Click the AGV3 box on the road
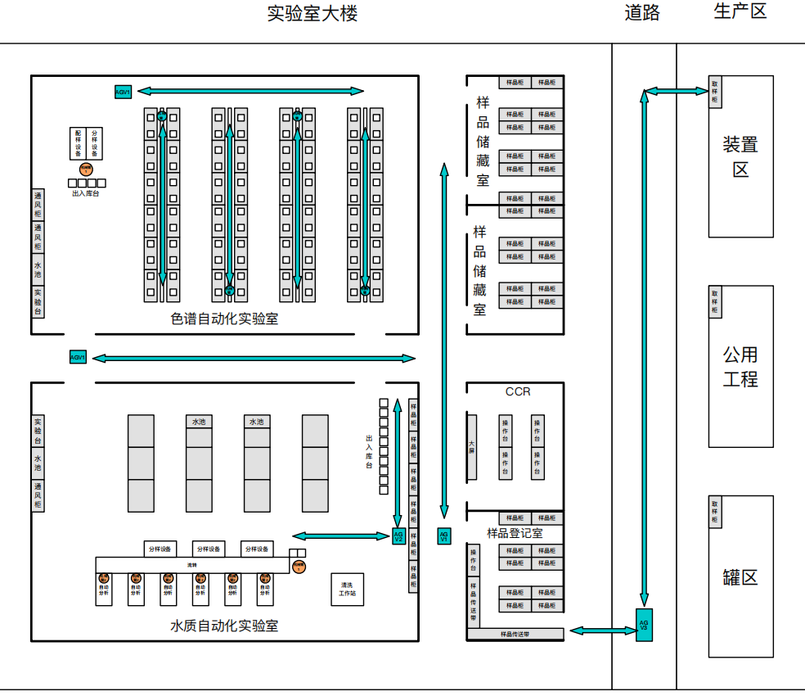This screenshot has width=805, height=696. [x=644, y=625]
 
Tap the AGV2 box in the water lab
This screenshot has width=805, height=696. [x=399, y=536]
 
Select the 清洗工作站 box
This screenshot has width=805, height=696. [x=347, y=589]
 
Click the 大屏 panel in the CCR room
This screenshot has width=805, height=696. [x=471, y=446]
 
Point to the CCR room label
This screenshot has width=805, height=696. [x=518, y=391]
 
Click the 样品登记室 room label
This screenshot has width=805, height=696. [x=515, y=533]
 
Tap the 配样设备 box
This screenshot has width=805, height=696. [x=79, y=143]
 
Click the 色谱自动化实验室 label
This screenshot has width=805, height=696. [x=224, y=319]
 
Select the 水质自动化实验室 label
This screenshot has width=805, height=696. [x=224, y=626]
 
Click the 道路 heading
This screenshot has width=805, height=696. [x=642, y=12]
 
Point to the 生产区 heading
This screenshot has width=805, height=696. [x=740, y=11]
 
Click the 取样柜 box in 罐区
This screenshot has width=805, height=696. [x=714, y=512]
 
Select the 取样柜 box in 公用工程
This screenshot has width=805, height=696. [x=714, y=301]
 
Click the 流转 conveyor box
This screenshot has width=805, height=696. [x=192, y=565]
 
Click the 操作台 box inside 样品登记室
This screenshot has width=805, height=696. [x=473, y=561]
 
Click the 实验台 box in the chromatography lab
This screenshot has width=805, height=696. [x=38, y=301]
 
